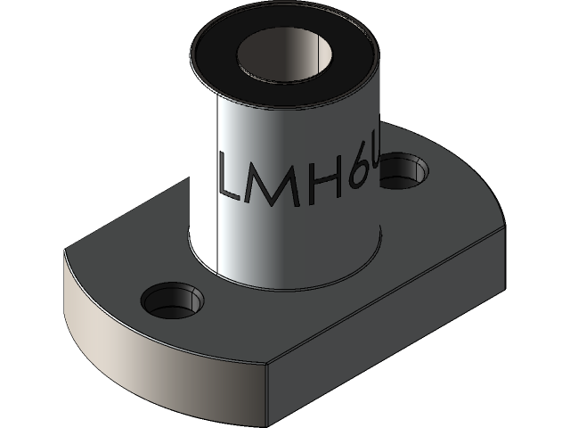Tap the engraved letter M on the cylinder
276,182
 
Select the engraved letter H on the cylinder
324,183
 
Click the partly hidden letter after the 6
378,172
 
